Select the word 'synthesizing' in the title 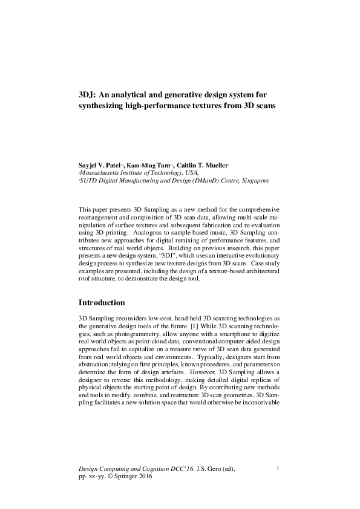(105, 106)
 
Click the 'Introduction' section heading (102, 302)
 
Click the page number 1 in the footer (277, 468)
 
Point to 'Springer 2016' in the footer (139, 476)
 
